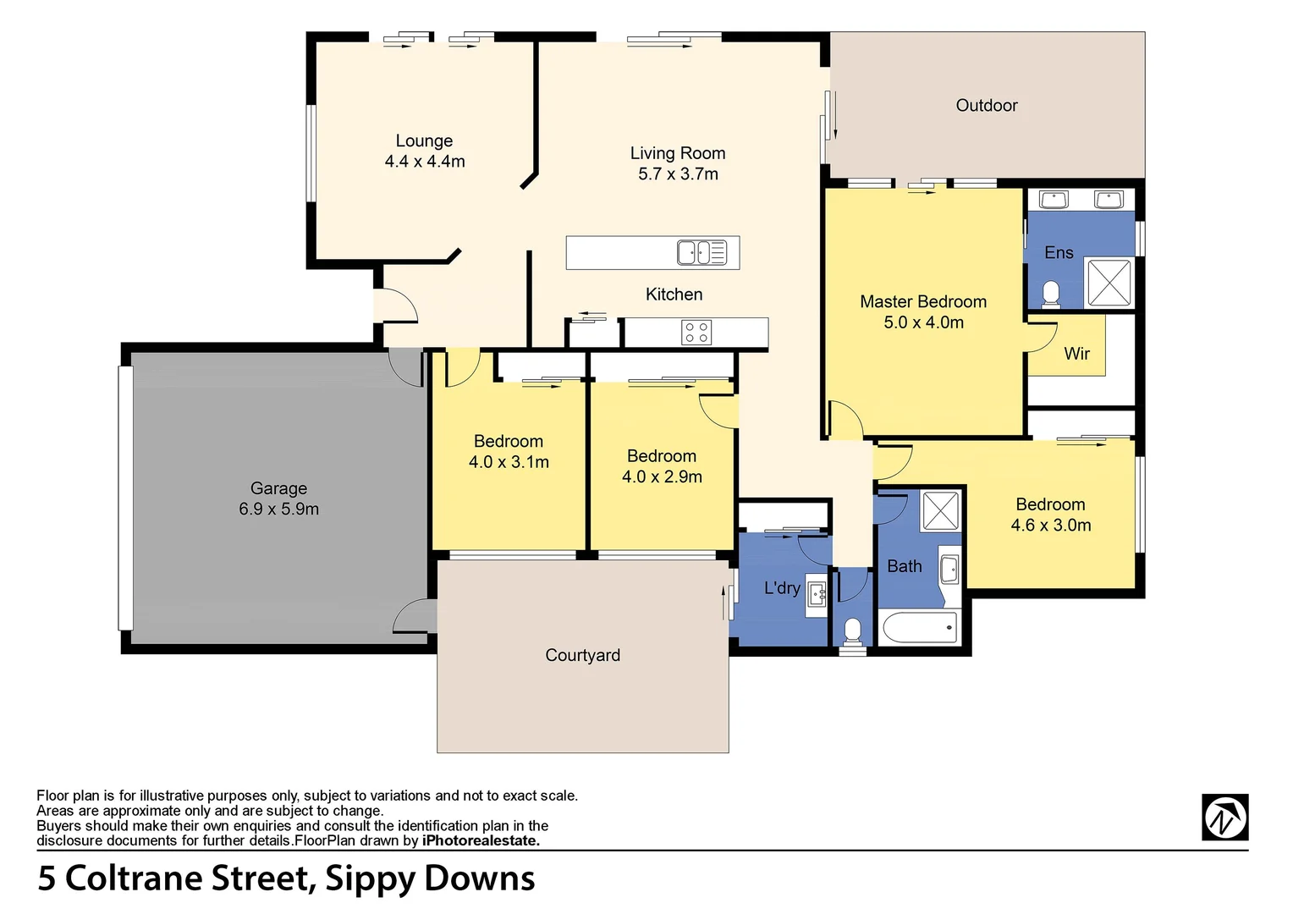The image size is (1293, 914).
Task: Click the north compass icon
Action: coord(1224,818)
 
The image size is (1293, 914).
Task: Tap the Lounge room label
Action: coord(424,141)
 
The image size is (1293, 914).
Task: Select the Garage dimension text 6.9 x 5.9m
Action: coord(278,509)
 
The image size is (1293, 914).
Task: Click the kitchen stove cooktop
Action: coord(696,333)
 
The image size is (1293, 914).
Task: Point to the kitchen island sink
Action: coord(702,253)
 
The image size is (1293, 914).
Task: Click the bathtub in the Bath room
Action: coord(920,628)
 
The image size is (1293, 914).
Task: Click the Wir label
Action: coord(1076,354)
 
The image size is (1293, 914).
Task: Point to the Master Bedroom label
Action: coord(923,302)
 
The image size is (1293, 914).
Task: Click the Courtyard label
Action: coord(582,656)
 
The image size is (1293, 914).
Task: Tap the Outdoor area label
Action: coord(987,106)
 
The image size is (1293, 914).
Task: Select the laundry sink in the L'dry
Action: coord(817,592)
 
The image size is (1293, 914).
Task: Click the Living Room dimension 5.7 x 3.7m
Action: coord(678,174)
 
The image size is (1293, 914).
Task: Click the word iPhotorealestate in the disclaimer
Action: coord(480,841)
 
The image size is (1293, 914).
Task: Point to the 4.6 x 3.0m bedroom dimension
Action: coord(1050,526)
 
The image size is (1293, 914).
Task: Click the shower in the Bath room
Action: coord(940,510)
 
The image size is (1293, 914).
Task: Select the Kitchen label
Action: coord(674,295)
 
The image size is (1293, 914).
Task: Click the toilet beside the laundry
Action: coord(853,631)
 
